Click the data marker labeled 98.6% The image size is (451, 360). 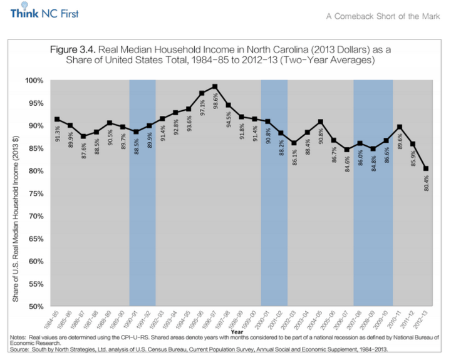[215, 87]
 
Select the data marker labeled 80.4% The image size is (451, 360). [425, 168]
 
